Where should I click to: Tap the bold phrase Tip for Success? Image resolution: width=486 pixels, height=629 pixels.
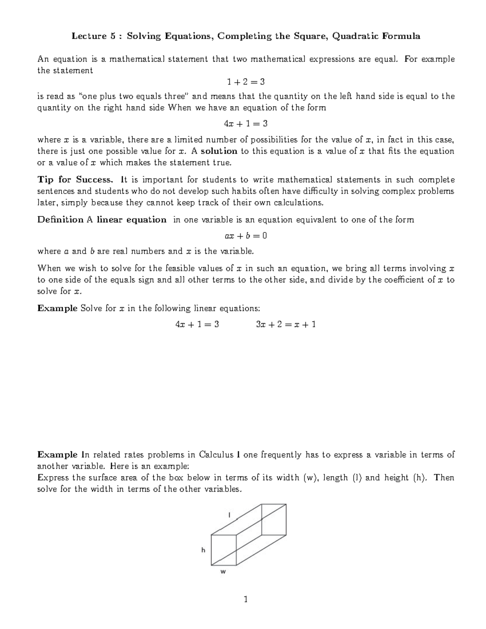(x=75, y=179)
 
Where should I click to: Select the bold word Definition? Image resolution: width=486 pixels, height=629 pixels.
(x=60, y=220)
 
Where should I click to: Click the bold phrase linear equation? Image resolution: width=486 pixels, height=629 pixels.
(x=131, y=220)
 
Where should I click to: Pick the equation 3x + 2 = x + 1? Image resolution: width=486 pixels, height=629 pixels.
(x=286, y=324)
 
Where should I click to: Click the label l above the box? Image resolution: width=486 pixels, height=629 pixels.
(x=229, y=515)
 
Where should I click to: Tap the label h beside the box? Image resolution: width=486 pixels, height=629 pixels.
(x=203, y=550)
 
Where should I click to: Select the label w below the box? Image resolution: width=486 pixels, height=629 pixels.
(x=223, y=572)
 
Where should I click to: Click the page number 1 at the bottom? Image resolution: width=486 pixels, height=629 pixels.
(x=245, y=599)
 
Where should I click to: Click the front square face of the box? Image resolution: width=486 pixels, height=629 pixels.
(x=224, y=550)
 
